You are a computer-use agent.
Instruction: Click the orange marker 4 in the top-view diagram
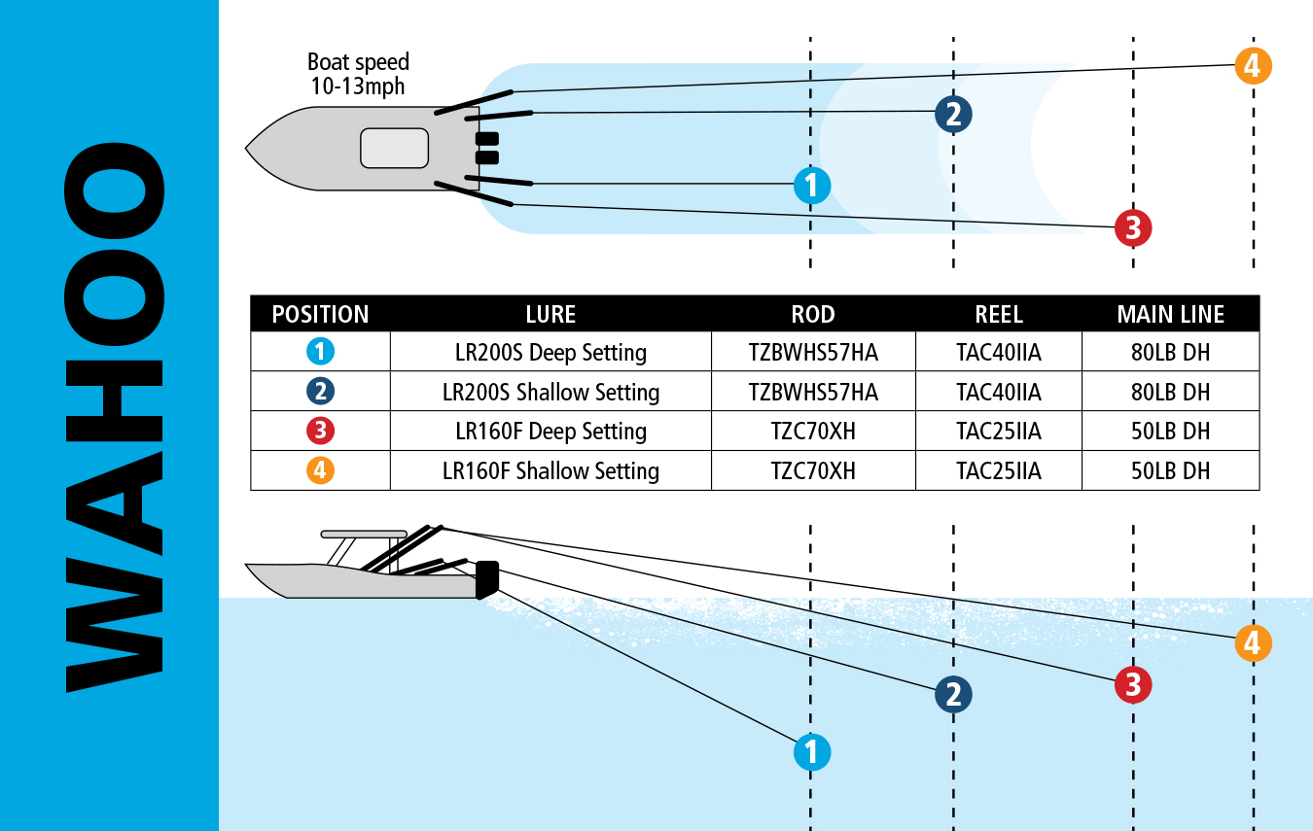[x=1253, y=66]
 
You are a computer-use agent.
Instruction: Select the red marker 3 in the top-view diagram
[x=1133, y=228]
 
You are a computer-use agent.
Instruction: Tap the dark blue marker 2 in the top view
[x=953, y=115]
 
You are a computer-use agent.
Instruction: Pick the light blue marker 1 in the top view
[x=812, y=185]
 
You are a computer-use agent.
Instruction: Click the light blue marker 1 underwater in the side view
[x=812, y=751]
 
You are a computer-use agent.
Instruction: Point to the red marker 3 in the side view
[x=1133, y=685]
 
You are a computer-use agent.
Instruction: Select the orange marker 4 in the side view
[x=1253, y=643]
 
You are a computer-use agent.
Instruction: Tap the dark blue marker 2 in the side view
[x=953, y=694]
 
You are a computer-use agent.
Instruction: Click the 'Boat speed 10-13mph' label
[x=358, y=74]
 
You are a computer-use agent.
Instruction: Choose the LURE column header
[x=550, y=315]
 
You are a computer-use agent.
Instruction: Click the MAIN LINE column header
[x=1170, y=315]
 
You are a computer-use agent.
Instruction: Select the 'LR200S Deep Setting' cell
[x=550, y=352]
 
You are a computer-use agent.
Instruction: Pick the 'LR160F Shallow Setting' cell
[x=550, y=471]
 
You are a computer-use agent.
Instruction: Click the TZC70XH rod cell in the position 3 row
[x=813, y=432]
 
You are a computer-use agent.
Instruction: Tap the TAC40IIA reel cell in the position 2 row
[x=998, y=392]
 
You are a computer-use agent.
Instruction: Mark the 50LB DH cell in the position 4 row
[x=1170, y=471]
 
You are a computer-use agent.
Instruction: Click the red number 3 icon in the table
[x=320, y=432]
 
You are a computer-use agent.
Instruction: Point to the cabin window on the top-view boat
[x=394, y=148]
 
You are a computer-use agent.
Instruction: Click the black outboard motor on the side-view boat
[x=487, y=579]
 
